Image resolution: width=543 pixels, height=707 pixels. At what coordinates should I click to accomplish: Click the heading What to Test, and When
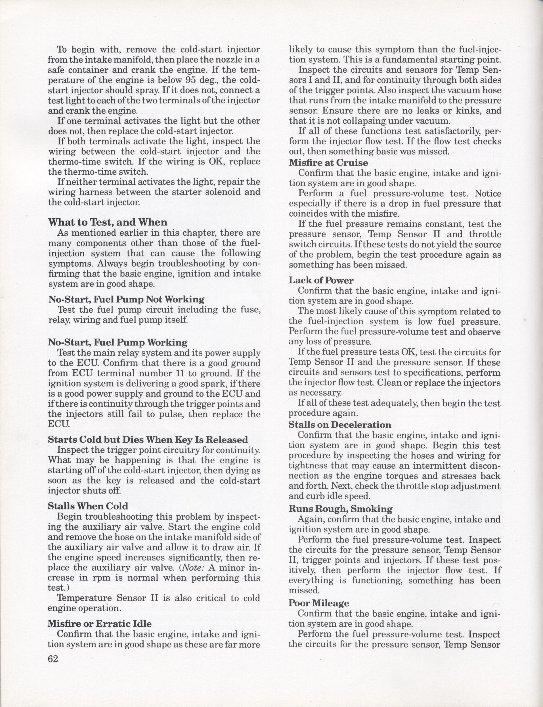108,222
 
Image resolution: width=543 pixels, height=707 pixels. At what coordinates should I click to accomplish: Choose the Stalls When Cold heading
88,506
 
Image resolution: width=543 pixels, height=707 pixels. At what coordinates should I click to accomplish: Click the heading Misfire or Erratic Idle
100,623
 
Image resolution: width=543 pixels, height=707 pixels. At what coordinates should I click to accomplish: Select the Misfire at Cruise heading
328,163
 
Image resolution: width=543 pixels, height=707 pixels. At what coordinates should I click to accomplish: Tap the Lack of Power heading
321,280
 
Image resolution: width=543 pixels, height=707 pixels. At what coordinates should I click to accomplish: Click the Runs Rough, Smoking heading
341,509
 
